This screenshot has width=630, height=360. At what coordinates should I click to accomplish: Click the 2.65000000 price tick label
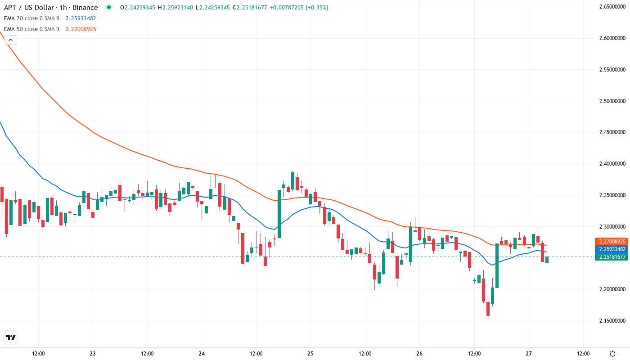(612, 7)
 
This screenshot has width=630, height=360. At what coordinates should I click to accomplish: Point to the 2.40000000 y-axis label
(612, 164)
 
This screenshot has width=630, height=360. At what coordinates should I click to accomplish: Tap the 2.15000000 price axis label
(612, 321)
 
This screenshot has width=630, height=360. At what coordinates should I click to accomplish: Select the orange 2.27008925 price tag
(611, 242)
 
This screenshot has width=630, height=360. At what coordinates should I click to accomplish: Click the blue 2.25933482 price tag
(611, 249)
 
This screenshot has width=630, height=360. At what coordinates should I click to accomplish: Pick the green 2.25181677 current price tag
(611, 256)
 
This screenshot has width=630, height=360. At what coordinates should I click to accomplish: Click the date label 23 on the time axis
(93, 353)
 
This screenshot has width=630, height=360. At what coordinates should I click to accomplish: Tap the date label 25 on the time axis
(310, 353)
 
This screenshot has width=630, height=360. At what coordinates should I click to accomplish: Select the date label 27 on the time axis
(529, 353)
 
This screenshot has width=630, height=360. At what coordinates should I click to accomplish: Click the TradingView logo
(11, 337)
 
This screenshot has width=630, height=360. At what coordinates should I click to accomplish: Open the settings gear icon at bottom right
(612, 353)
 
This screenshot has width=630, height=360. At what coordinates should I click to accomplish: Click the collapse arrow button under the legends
(10, 40)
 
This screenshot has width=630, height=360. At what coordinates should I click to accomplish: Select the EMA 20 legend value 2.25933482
(81, 18)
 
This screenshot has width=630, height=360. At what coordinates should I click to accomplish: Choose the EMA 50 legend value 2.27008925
(81, 29)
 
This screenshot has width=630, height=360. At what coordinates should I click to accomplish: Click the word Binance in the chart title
(86, 8)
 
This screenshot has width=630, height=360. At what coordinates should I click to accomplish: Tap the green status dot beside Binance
(108, 7)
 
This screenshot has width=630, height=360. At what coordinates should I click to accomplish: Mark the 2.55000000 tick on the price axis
(612, 70)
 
